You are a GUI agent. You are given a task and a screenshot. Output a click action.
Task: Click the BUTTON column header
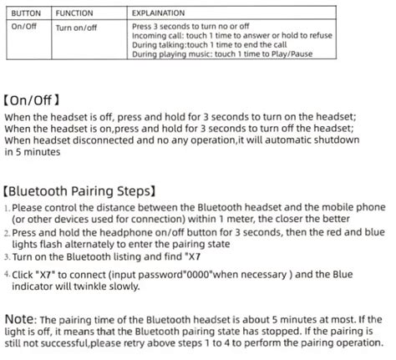(26, 14)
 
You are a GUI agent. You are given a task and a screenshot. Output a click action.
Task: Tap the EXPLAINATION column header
(159, 14)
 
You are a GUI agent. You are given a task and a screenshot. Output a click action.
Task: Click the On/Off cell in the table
(26, 27)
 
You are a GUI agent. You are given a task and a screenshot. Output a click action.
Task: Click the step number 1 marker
(7, 206)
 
